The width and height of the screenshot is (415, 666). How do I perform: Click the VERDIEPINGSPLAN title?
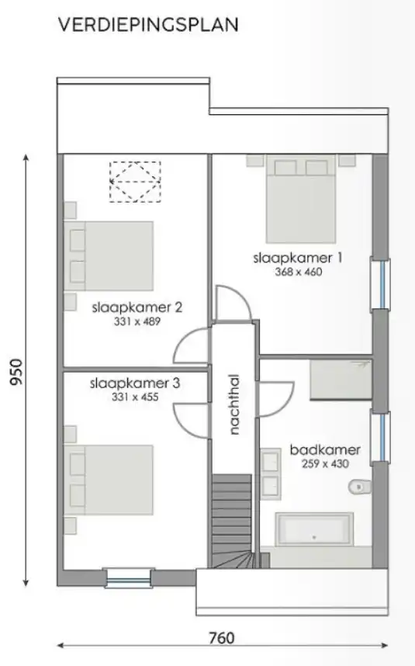tap(148, 25)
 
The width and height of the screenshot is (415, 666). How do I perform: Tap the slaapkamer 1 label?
tap(297, 258)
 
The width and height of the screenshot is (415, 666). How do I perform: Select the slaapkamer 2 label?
tap(137, 307)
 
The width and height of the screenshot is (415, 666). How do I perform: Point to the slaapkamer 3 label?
tap(135, 383)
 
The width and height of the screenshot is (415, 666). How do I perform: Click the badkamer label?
tap(325, 449)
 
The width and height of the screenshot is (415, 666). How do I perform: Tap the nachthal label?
tap(233, 404)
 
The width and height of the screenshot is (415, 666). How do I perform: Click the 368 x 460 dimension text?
tap(299, 272)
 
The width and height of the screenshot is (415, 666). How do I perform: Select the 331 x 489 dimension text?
tap(137, 321)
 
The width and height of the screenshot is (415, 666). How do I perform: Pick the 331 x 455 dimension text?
tap(135, 397)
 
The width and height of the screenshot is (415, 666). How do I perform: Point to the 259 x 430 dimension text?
tap(326, 463)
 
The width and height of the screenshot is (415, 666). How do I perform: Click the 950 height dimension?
tap(16, 372)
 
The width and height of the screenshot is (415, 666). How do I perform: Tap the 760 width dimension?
tap(222, 638)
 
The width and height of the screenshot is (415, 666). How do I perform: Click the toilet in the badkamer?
tap(359, 487)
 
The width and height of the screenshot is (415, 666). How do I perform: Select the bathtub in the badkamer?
tap(314, 529)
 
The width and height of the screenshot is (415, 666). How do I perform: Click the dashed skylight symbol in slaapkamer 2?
tap(136, 182)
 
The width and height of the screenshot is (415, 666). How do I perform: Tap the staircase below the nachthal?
tap(232, 521)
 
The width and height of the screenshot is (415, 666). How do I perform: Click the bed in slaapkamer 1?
tap(301, 199)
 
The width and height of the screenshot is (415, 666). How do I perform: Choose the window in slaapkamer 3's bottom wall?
tap(129, 578)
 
